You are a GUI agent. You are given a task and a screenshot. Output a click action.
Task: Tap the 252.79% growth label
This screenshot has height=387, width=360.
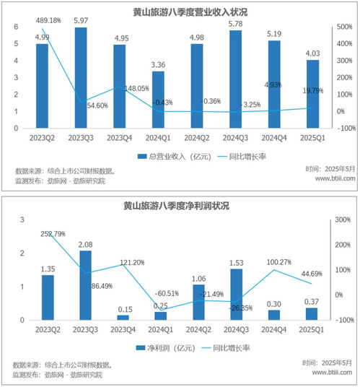pos(52,233)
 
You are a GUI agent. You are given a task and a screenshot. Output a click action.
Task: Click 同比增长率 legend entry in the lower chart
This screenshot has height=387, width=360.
pos(232,347)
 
